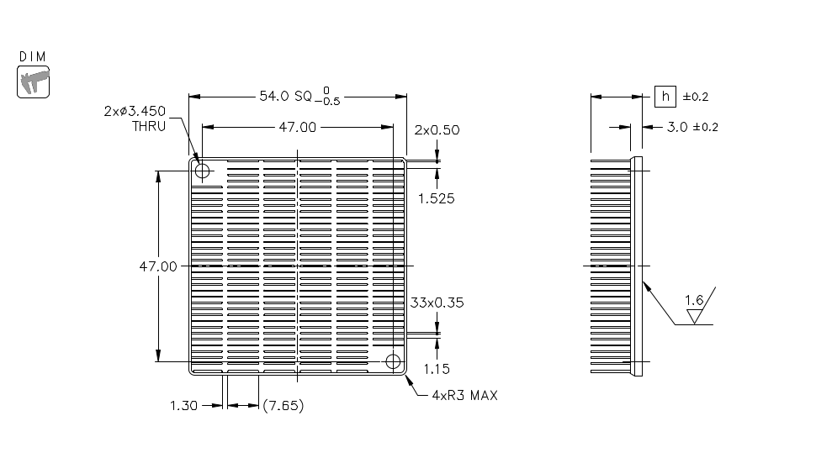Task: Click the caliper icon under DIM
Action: point(34,82)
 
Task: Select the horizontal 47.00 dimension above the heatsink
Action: point(297,128)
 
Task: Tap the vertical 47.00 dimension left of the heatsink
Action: point(158,266)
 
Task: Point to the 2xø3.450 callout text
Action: point(135,111)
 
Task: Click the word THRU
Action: point(149,127)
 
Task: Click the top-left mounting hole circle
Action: point(202,171)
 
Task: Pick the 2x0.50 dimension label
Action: point(437,130)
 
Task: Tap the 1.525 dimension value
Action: point(437,199)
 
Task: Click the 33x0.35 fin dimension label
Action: point(437,303)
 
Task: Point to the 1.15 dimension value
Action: point(437,368)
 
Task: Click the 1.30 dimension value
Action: point(183,406)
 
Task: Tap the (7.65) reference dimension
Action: point(283,406)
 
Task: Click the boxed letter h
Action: point(665,97)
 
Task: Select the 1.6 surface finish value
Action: point(694,300)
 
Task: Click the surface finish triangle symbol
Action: point(696,316)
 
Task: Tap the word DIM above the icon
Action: point(33,56)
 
